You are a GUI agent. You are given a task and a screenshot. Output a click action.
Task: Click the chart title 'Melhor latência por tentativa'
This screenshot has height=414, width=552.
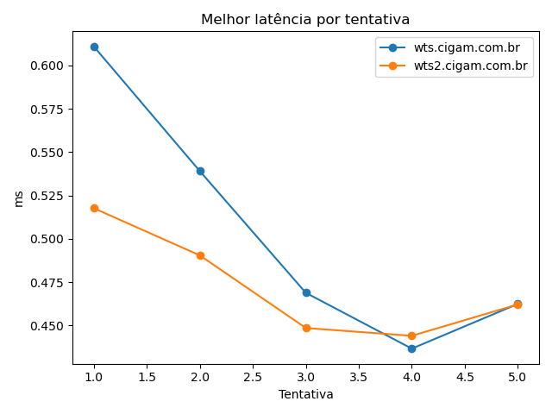[x=305, y=20]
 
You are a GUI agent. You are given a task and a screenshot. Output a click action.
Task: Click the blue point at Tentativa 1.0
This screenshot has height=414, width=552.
[x=94, y=47]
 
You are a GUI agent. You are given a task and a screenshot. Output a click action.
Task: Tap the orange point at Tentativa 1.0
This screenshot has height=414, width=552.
[x=94, y=208]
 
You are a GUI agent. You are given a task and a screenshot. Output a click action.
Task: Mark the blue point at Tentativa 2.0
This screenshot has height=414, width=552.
[x=200, y=171]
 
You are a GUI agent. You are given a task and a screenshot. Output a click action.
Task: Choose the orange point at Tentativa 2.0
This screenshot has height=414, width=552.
[x=200, y=255]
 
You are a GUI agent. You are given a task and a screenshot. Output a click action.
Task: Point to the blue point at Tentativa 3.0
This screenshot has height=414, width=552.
[x=306, y=292]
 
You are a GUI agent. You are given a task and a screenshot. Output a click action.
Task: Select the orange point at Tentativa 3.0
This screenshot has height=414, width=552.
[x=306, y=328]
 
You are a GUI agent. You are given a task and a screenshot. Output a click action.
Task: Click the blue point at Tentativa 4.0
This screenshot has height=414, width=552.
[x=411, y=348]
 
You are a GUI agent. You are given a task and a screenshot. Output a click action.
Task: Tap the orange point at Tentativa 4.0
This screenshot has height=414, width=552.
[x=411, y=336]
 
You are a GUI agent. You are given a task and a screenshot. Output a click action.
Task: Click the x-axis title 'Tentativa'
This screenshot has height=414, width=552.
[x=305, y=394]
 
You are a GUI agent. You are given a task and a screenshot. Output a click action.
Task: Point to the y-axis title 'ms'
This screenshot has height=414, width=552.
[x=19, y=198]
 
